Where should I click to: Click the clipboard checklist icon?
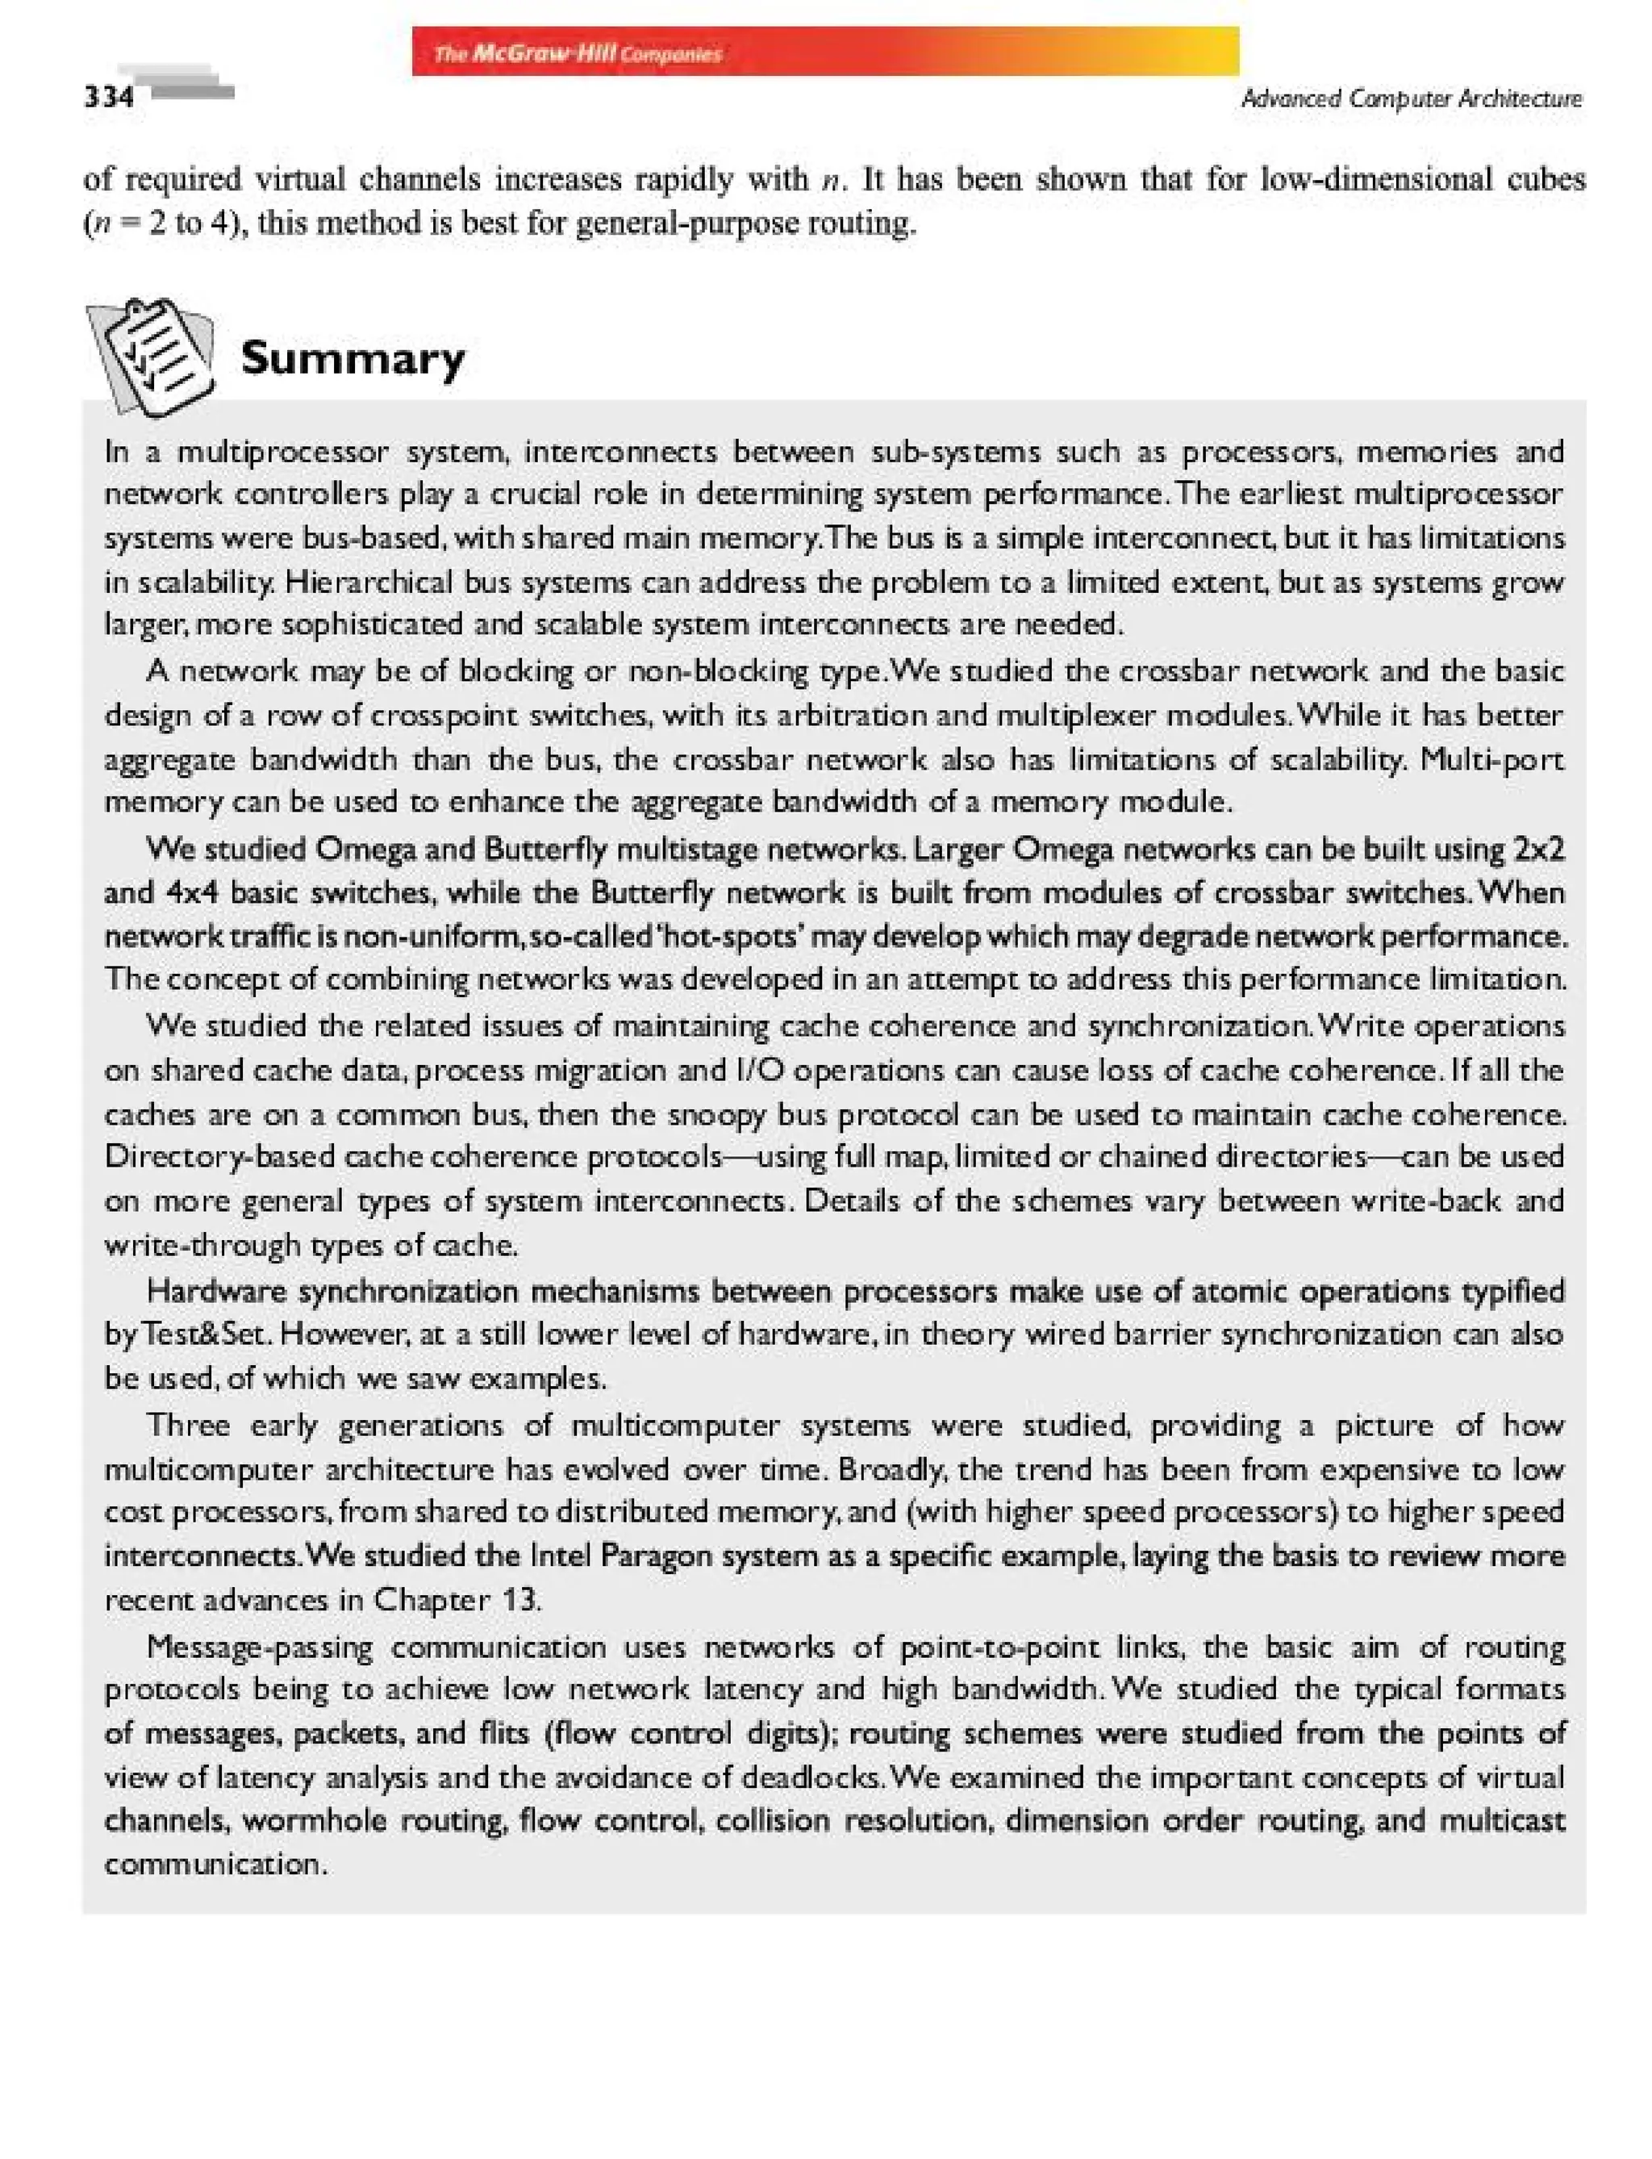click(152, 356)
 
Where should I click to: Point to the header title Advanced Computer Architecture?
click(1411, 98)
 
